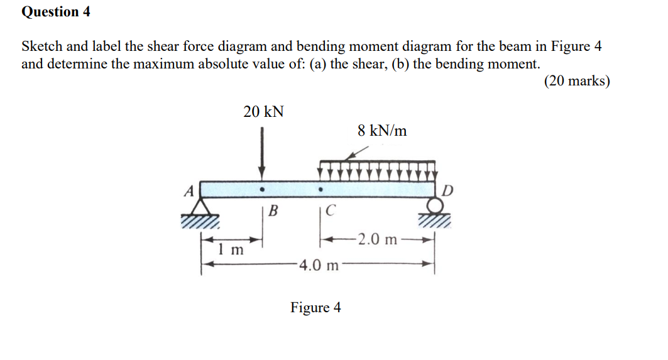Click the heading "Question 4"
56,11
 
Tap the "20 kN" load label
263,112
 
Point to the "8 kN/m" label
382,131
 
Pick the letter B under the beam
273,210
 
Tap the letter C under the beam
331,210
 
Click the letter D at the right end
447,190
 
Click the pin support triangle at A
201,207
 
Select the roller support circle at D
434,205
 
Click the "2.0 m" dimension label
375,239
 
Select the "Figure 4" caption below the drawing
315,307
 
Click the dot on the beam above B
262,188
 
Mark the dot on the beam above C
320,188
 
